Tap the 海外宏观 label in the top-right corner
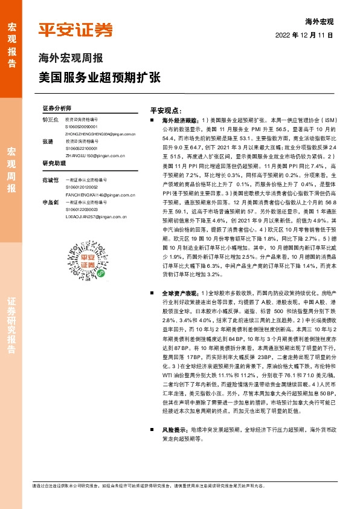click(x=320, y=21)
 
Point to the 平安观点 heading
click(x=166, y=111)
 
